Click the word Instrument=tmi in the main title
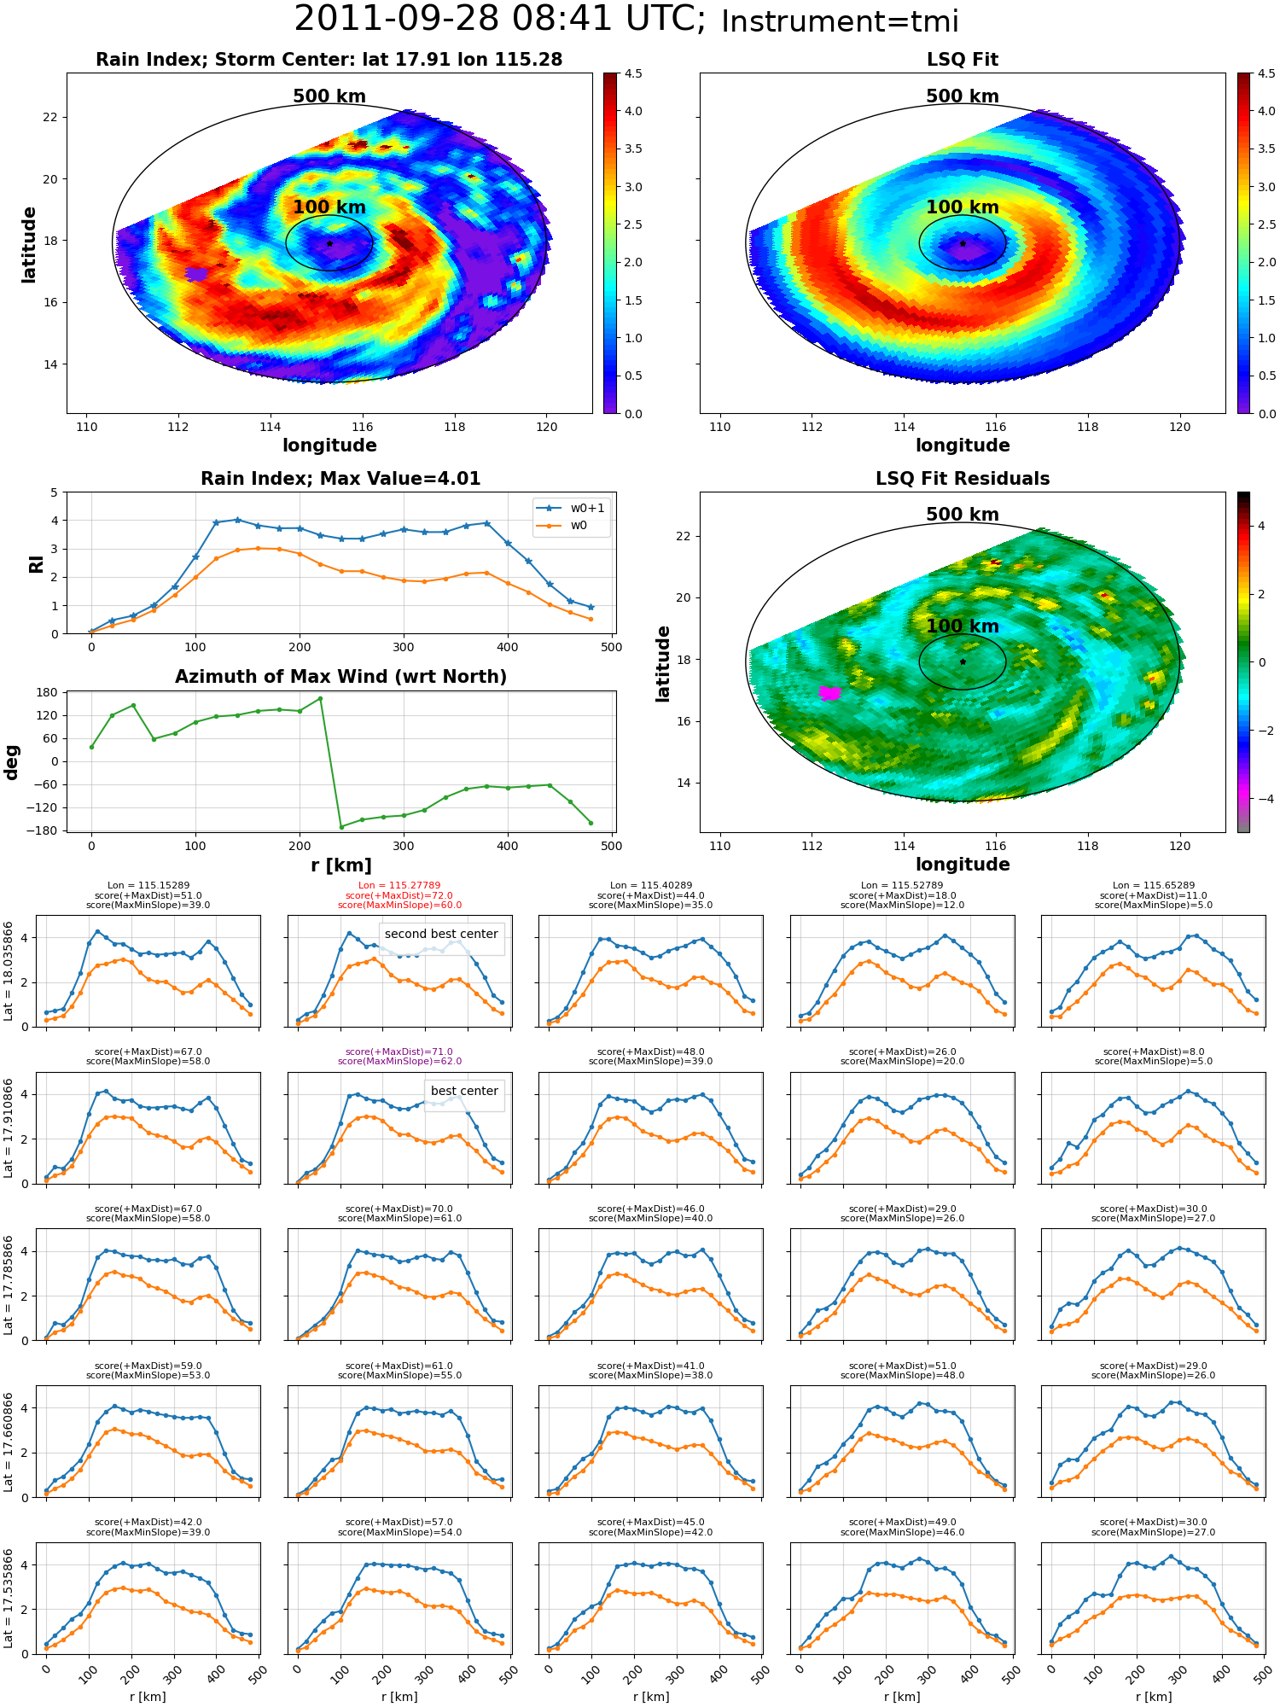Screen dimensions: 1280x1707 pyautogui.click(x=840, y=21)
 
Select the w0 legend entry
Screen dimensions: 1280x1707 pyautogui.click(x=563, y=526)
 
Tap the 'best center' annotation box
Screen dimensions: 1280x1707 pyautogui.click(x=464, y=1091)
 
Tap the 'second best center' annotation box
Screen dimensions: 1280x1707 pyautogui.click(x=441, y=934)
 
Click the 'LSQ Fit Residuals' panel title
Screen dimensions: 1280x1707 pyautogui.click(x=963, y=479)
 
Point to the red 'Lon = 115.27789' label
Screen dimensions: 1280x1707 pyautogui.click(x=399, y=886)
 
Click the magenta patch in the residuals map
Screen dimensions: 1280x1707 pyautogui.click(x=829, y=693)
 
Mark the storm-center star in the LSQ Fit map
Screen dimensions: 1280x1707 pyautogui.click(x=963, y=243)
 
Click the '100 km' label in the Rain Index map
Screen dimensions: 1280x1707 pyautogui.click(x=329, y=207)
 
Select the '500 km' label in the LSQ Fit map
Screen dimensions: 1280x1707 pyautogui.click(x=963, y=96)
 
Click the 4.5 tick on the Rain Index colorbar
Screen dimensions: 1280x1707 pyautogui.click(x=632, y=73)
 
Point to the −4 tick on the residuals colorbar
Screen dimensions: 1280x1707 pyautogui.click(x=1265, y=799)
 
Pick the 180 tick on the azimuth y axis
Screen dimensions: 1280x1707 pyautogui.click(x=47, y=692)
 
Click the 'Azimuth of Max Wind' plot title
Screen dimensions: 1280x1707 pyautogui.click(x=340, y=677)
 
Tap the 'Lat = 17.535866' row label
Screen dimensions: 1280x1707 pyautogui.click(x=8, y=1599)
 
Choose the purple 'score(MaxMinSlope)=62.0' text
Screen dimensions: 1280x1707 pyautogui.click(x=399, y=1062)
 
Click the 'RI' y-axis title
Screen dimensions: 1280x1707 pyautogui.click(x=36, y=563)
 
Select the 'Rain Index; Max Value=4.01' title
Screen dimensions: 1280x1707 pyautogui.click(x=340, y=479)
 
